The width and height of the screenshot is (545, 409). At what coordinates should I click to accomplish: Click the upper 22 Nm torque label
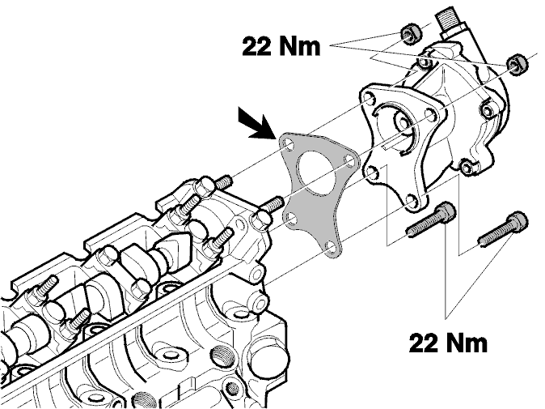(281, 46)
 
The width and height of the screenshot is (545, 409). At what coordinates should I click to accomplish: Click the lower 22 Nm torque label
(448, 343)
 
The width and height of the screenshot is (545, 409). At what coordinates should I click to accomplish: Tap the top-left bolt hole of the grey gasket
(288, 144)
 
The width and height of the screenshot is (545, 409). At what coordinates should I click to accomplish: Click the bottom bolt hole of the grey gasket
(331, 249)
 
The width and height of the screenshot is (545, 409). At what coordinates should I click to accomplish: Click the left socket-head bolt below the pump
(431, 219)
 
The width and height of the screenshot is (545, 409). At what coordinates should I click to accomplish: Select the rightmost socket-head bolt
(503, 228)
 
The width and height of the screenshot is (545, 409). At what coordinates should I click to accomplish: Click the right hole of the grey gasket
(349, 159)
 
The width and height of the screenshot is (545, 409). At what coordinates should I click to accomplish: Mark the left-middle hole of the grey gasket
(292, 219)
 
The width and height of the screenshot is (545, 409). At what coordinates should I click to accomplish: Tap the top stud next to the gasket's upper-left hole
(224, 182)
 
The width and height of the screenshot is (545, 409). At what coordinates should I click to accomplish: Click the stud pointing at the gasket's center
(274, 203)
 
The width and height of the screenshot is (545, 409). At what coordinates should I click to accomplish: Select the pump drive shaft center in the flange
(403, 122)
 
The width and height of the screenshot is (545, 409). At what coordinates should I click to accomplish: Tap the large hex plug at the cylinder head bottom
(270, 362)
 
